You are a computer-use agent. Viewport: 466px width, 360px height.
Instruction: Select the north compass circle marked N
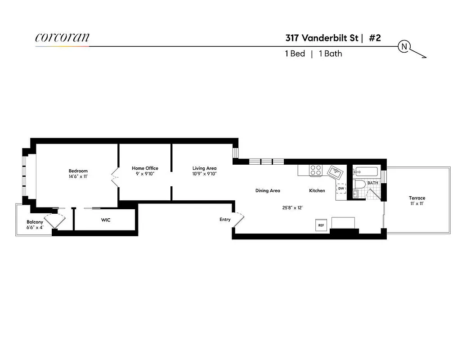point(404,46)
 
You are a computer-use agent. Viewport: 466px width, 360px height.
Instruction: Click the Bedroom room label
point(78,171)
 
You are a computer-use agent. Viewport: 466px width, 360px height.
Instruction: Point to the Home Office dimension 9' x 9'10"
point(145,174)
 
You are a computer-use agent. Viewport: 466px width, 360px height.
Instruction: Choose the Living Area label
point(204,168)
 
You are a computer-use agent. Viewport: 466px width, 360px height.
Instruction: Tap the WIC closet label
point(106,220)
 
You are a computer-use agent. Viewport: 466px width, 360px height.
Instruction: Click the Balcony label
point(35,222)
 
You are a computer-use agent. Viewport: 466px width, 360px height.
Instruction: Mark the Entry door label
point(225,220)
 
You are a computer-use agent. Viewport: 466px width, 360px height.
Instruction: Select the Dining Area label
point(268,191)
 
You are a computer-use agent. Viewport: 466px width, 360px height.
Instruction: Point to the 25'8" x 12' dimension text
point(292,208)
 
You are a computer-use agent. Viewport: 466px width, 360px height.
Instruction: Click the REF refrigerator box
point(321,225)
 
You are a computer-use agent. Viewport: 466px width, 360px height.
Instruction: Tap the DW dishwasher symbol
point(341,189)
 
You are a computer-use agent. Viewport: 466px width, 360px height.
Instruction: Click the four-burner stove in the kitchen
point(315,170)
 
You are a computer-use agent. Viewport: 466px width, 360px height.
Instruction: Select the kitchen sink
point(335,171)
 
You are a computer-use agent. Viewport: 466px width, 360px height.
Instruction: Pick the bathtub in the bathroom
point(366,171)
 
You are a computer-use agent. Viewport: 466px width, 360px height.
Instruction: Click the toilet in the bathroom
point(360,185)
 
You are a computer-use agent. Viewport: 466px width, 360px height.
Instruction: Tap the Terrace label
point(417,198)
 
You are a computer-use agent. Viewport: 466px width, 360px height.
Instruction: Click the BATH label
point(372,183)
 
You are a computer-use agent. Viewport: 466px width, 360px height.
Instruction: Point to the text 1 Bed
point(295,54)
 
